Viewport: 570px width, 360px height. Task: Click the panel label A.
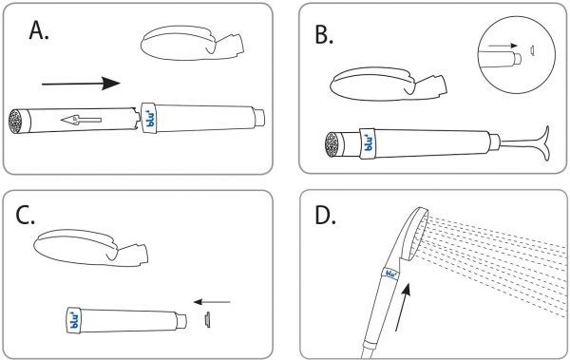pyautogui.click(x=39, y=29)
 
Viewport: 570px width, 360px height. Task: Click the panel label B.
pyautogui.click(x=324, y=35)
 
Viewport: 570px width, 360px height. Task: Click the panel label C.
pyautogui.click(x=25, y=216)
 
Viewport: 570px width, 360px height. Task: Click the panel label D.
pyautogui.click(x=325, y=216)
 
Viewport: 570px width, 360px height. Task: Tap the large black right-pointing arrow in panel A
pyautogui.click(x=81, y=84)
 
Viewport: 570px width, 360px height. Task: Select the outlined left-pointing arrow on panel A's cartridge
pyautogui.click(x=81, y=120)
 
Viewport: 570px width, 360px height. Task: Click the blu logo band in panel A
pyautogui.click(x=149, y=117)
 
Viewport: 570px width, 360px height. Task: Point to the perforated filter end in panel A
pyautogui.click(x=15, y=121)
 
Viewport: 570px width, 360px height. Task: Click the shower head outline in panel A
pyautogui.click(x=192, y=43)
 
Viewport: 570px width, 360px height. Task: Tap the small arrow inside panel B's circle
pyautogui.click(x=503, y=46)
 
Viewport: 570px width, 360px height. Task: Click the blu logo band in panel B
pyautogui.click(x=368, y=143)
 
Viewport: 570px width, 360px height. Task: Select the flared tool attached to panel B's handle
pyautogui.click(x=526, y=143)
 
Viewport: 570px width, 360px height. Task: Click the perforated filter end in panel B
pyautogui.click(x=332, y=144)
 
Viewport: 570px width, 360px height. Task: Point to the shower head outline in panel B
pyautogui.click(x=389, y=84)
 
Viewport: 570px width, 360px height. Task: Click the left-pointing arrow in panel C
pyautogui.click(x=212, y=302)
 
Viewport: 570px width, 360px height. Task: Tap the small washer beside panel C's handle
pyautogui.click(x=207, y=320)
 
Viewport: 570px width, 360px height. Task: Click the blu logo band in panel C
pyautogui.click(x=73, y=320)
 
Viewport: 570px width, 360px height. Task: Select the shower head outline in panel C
pyautogui.click(x=91, y=248)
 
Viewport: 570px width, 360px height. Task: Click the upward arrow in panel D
pyautogui.click(x=403, y=307)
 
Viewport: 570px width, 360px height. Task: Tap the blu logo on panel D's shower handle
pyautogui.click(x=390, y=274)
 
